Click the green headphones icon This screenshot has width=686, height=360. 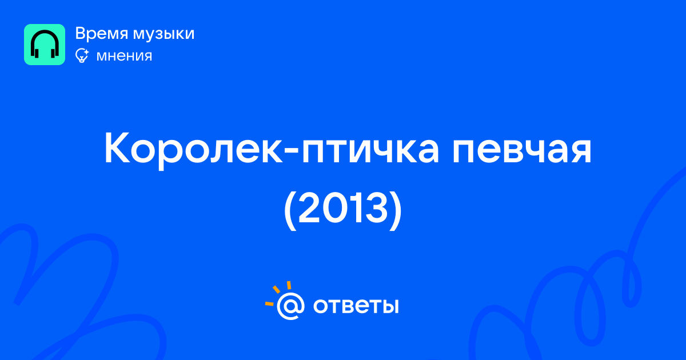[45, 45]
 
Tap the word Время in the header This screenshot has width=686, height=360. [101, 33]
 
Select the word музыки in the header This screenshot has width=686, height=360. [164, 34]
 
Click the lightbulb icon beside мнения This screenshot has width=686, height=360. [82, 55]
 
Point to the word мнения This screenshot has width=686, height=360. [124, 56]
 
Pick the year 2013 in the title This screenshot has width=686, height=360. [343, 207]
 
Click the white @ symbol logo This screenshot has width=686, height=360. [290, 306]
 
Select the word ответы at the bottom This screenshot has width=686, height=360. [356, 306]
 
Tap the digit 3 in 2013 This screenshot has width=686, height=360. [377, 207]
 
